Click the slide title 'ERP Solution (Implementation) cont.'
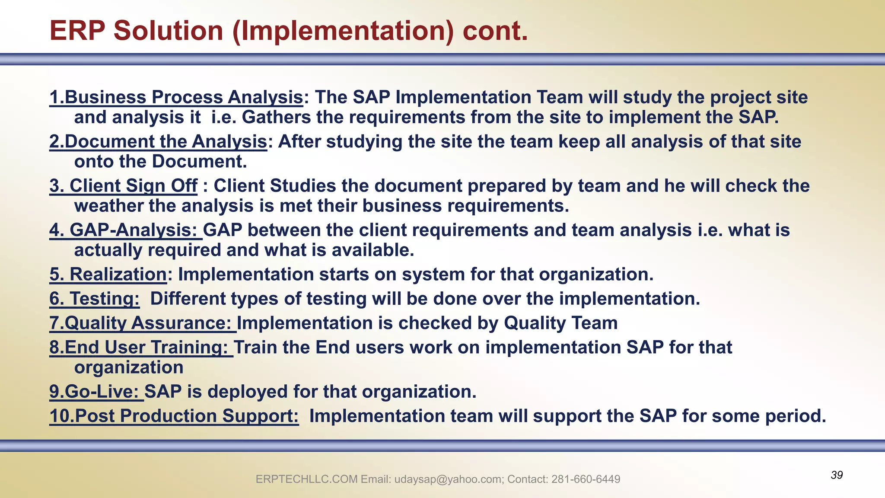point(289,31)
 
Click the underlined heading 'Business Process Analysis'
point(184,97)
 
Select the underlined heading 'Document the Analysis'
point(166,142)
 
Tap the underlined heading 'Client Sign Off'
point(133,186)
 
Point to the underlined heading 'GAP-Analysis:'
point(133,230)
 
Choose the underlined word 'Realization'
point(118,275)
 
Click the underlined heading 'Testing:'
point(104,299)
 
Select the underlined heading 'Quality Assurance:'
point(148,323)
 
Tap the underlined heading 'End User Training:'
point(146,348)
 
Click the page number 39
point(837,475)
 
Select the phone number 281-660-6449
point(586,479)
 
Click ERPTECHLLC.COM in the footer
point(306,479)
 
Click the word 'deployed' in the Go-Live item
point(247,392)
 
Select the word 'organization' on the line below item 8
point(129,368)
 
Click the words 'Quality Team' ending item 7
point(560,323)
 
